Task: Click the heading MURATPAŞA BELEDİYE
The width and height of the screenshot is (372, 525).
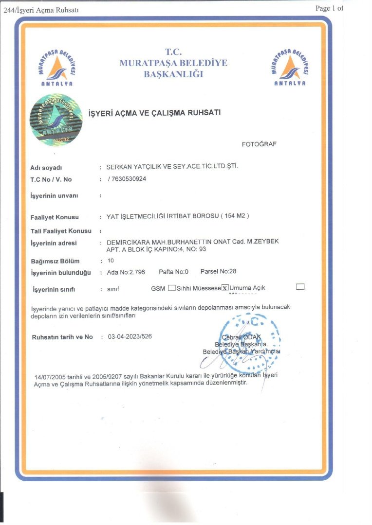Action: [x=173, y=63]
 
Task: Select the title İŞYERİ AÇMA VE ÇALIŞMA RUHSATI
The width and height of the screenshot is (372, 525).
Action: [x=154, y=113]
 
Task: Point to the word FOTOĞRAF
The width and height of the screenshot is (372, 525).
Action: [x=259, y=144]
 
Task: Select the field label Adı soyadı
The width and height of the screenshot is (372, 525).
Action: [x=46, y=168]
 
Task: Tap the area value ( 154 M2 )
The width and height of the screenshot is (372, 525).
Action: [x=235, y=216]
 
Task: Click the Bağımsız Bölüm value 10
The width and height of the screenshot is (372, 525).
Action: [x=110, y=261]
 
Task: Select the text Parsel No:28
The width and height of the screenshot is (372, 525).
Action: [x=218, y=271]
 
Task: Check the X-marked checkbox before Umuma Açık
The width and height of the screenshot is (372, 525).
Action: [x=225, y=287]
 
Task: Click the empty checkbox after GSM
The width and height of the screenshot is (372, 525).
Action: [x=171, y=287]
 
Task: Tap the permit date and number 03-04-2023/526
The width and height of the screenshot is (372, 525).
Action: [x=129, y=336]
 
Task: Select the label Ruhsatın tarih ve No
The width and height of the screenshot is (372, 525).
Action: [x=62, y=337]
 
